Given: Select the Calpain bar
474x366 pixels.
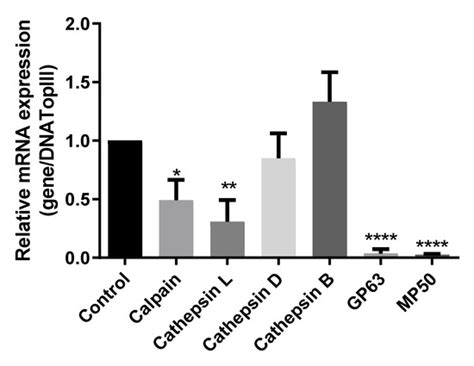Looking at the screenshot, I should pyautogui.click(x=176, y=229).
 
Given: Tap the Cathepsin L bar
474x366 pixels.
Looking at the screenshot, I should pyautogui.click(x=228, y=240).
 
